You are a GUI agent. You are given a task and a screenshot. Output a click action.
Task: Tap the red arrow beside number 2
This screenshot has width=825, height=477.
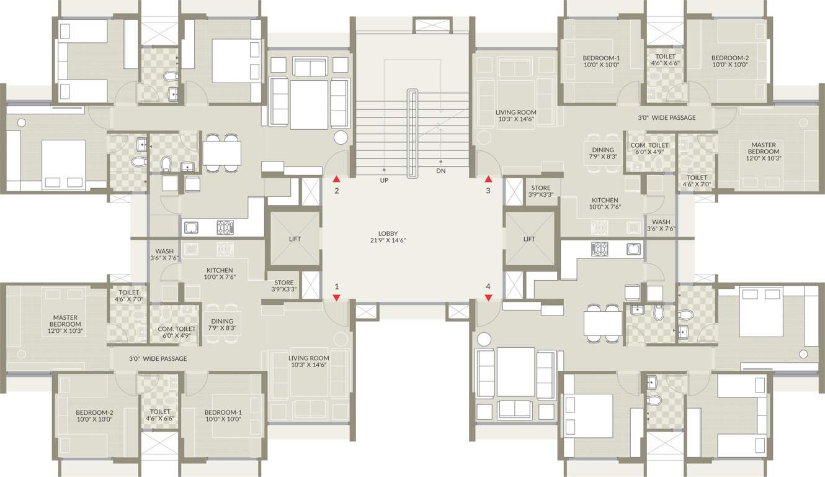pos(336,179)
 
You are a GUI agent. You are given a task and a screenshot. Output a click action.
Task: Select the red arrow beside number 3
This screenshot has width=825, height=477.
pos(488,179)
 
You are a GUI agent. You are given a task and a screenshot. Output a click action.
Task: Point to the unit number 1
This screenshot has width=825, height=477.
pos(337,287)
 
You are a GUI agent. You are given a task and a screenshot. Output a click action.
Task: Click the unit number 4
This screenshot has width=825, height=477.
pos(488,287)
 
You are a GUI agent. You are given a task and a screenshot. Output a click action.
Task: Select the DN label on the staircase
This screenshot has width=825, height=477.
pos(440,171)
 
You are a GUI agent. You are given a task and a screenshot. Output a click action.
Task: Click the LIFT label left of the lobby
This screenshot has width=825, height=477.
pos(295,238)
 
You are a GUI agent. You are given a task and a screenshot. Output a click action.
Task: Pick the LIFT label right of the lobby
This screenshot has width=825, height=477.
pos(529,238)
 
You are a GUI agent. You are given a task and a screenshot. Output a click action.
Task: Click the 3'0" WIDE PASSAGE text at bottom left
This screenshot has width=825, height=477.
pos(158,359)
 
